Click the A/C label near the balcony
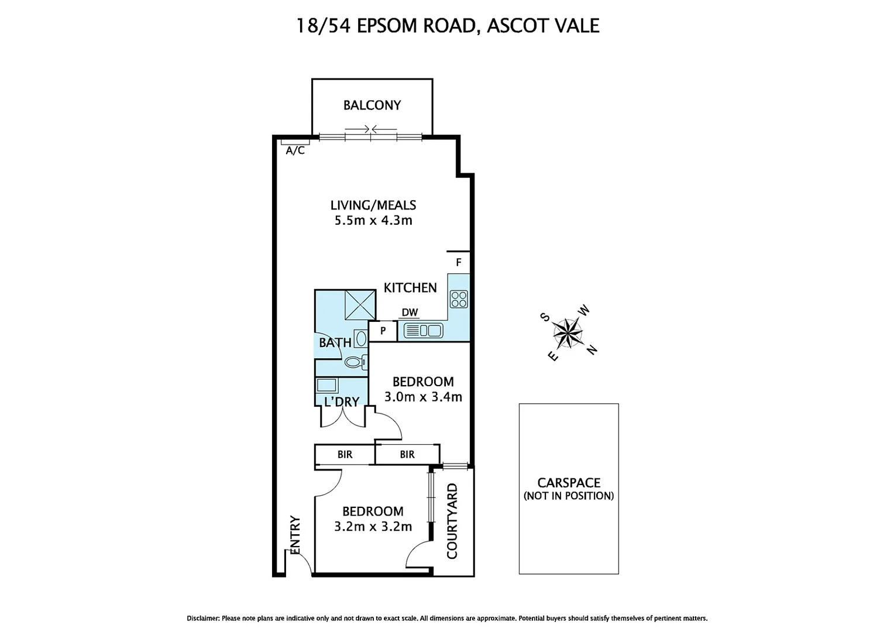click(x=295, y=150)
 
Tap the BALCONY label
click(x=372, y=105)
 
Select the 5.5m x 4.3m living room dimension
click(x=373, y=221)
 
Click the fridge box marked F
click(x=459, y=262)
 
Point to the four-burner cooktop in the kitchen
click(x=459, y=299)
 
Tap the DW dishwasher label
click(x=410, y=312)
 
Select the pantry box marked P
click(x=383, y=331)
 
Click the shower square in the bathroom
click(x=359, y=305)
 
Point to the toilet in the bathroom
click(x=355, y=362)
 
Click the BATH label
click(x=335, y=342)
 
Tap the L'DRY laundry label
click(x=341, y=402)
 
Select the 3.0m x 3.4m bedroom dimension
click(x=423, y=397)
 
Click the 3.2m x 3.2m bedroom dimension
click(x=373, y=527)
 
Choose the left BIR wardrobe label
click(x=345, y=454)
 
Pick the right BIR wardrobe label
click(x=407, y=454)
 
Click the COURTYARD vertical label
click(x=452, y=521)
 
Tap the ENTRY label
click(x=295, y=534)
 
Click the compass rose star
click(x=568, y=334)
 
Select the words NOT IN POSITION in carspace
click(x=569, y=496)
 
